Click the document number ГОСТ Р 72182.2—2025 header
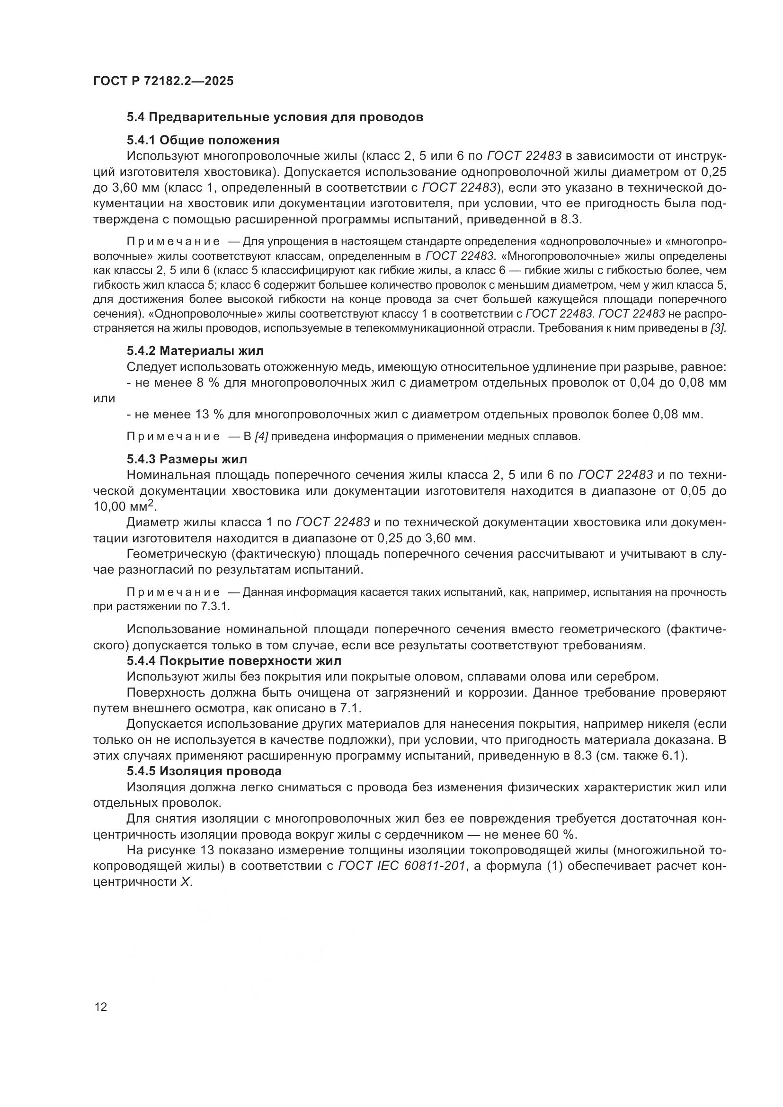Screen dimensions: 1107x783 (x=163, y=81)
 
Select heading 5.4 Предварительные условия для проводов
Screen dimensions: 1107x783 (x=275, y=117)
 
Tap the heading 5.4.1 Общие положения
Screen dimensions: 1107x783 (x=203, y=140)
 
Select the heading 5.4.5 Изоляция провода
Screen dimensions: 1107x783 (x=204, y=771)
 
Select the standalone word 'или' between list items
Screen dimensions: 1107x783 (x=104, y=399)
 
